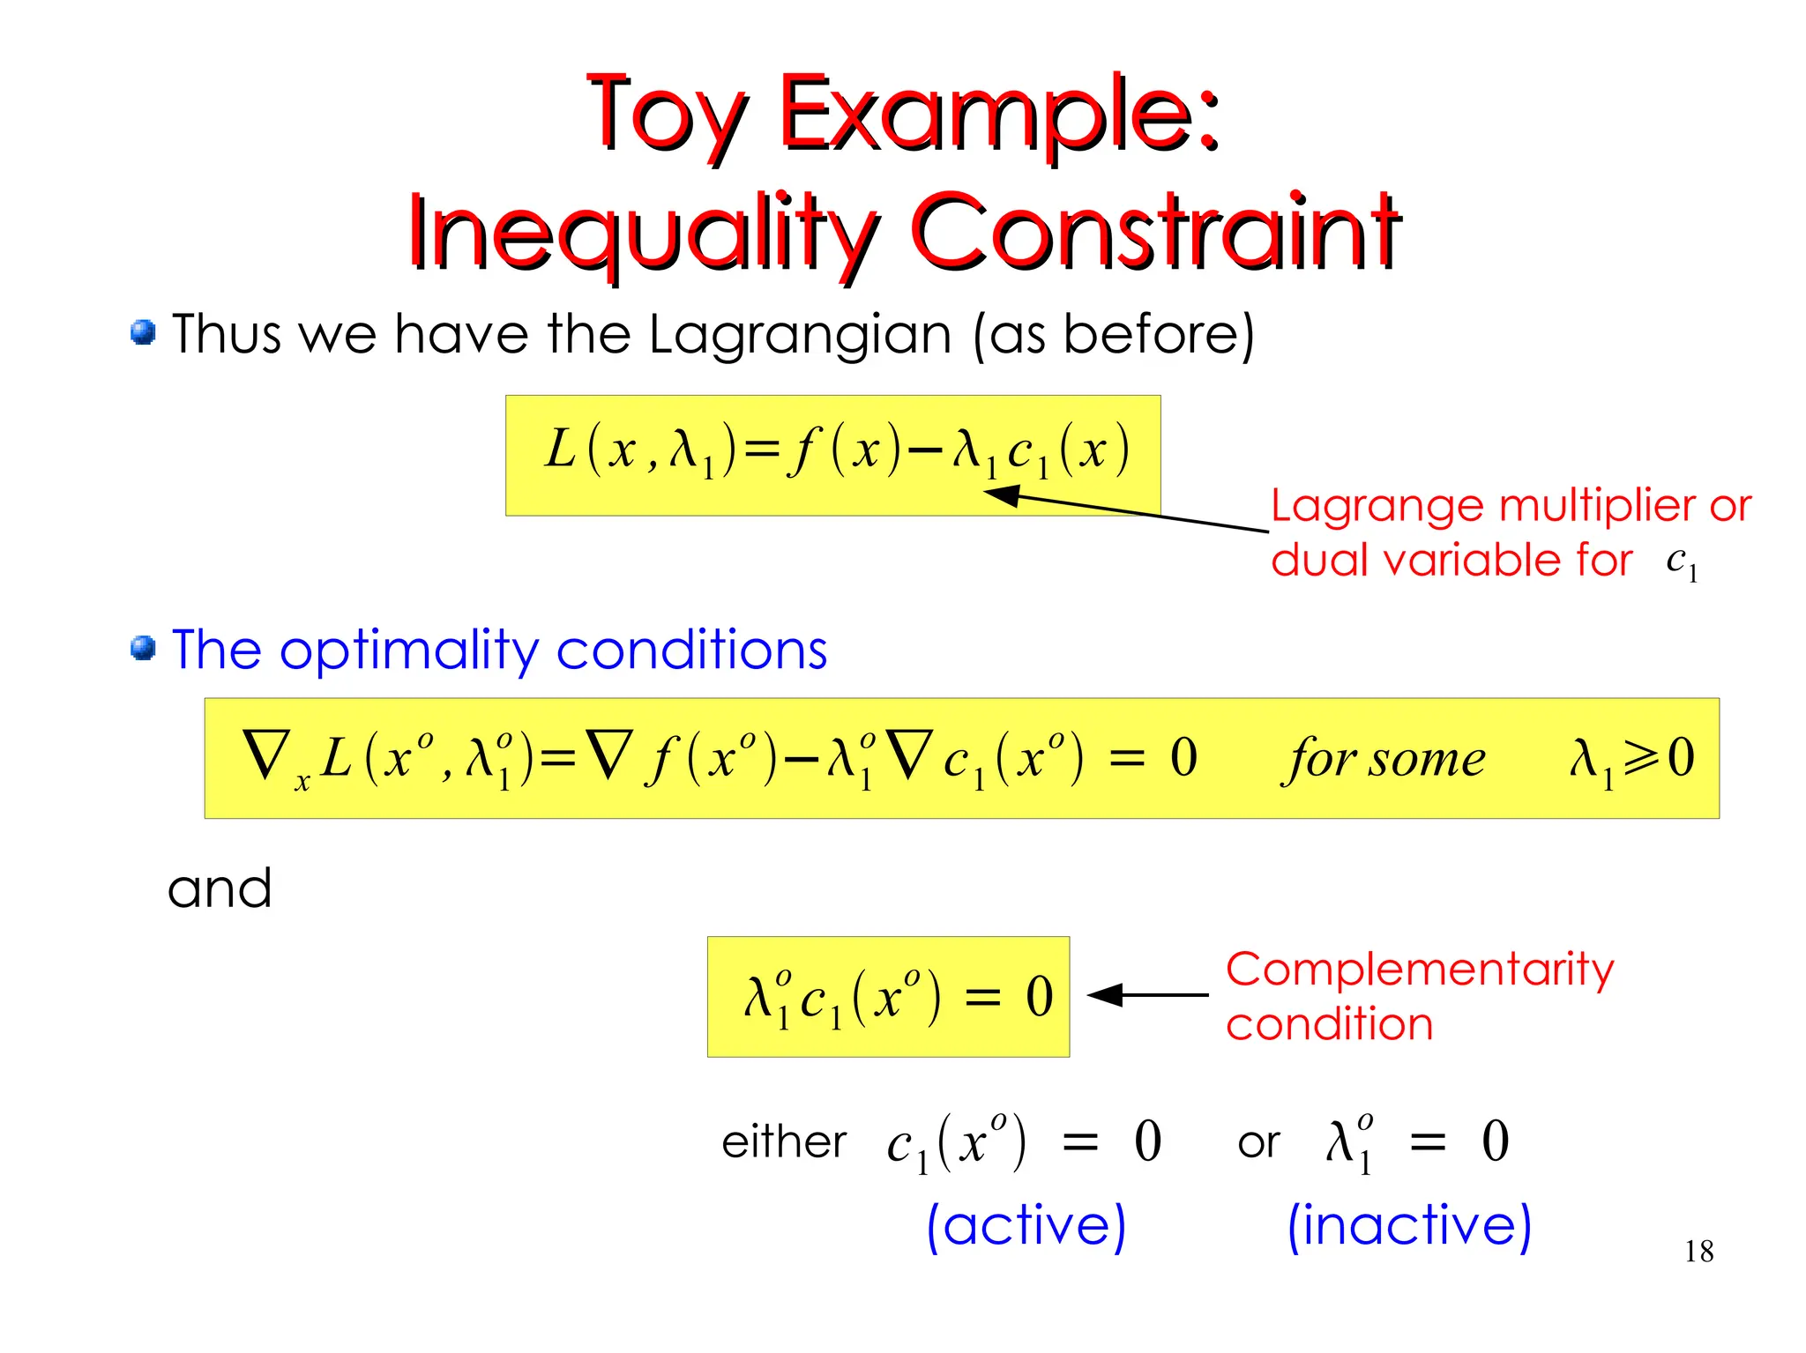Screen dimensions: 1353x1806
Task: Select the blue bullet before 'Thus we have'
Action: click(x=143, y=333)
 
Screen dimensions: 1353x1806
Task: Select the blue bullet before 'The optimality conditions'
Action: click(x=143, y=649)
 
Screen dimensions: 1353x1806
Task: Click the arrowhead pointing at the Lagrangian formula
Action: click(x=1001, y=495)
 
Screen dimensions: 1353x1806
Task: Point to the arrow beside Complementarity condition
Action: click(x=1146, y=995)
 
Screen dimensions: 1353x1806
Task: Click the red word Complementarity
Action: click(x=1419, y=970)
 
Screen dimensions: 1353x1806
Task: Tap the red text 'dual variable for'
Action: click(x=1452, y=561)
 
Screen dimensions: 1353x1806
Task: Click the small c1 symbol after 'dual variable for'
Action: click(x=1681, y=561)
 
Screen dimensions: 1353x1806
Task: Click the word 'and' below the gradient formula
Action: click(x=220, y=888)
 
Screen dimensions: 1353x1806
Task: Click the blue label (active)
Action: click(x=1026, y=1225)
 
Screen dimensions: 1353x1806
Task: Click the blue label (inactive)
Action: click(x=1408, y=1225)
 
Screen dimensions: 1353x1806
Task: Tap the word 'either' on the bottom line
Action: click(x=783, y=1142)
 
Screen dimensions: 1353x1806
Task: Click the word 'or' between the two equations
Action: click(x=1257, y=1144)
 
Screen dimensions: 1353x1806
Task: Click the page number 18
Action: click(x=1698, y=1252)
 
